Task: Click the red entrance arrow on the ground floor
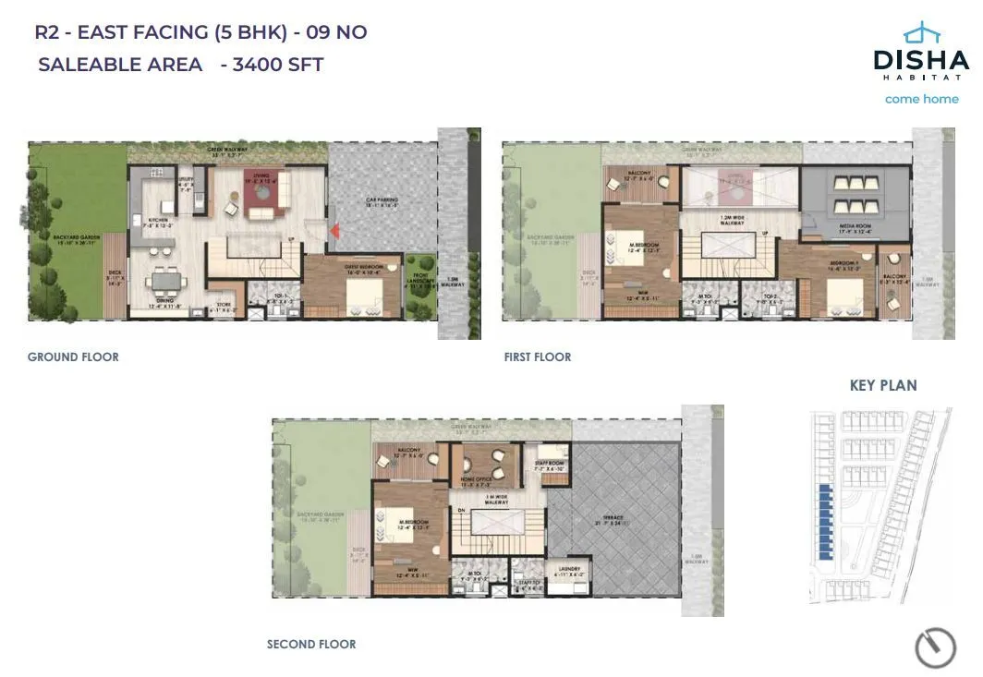(x=334, y=230)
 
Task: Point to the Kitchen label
(x=158, y=222)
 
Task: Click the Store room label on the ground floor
(x=224, y=309)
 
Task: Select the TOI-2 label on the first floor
(x=759, y=299)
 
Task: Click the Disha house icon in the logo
(x=920, y=34)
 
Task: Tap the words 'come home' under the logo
(x=921, y=99)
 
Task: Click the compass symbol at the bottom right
(x=934, y=648)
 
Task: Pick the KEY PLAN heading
(x=882, y=385)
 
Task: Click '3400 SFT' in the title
(x=279, y=65)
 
